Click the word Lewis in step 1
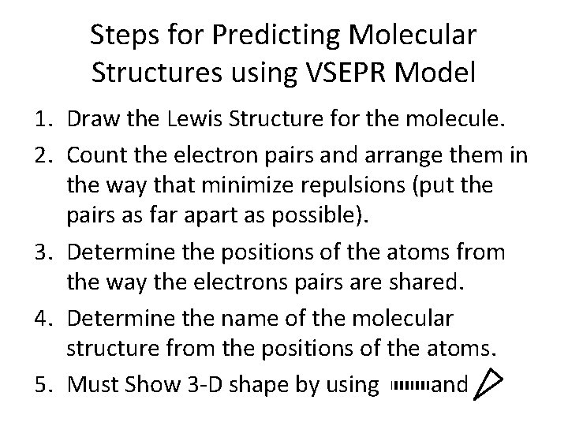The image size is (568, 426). pos(203,121)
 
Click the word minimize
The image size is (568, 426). pos(269,187)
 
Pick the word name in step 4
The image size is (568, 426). pos(236,319)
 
